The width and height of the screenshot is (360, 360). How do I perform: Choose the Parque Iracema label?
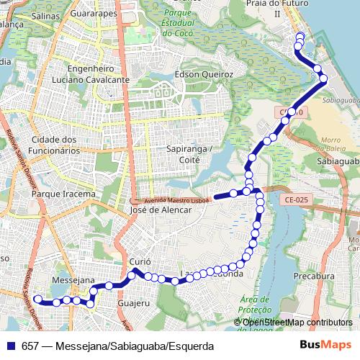pos(64,194)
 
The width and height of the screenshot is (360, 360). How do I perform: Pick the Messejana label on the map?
pos(73,279)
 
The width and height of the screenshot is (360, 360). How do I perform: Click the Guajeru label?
pos(132,304)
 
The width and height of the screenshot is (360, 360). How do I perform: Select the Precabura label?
pos(315,276)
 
